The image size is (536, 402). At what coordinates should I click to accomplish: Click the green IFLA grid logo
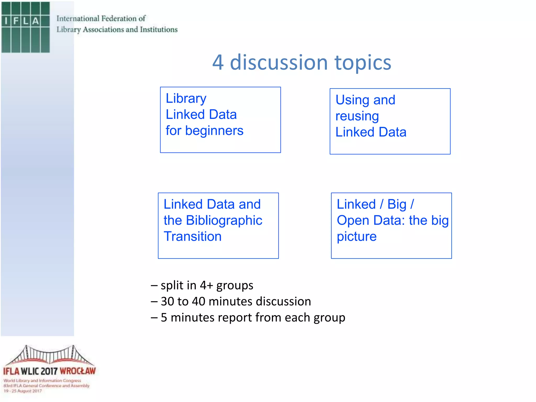pyautogui.click(x=25, y=27)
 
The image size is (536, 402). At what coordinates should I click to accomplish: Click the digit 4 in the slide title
pyautogui.click(x=218, y=63)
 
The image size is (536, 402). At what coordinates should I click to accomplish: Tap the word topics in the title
pyautogui.click(x=363, y=63)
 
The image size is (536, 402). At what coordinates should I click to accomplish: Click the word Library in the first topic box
pyautogui.click(x=186, y=99)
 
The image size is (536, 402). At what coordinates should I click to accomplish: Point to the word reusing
pyautogui.click(x=357, y=116)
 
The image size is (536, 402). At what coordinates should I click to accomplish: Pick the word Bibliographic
pyautogui.click(x=224, y=220)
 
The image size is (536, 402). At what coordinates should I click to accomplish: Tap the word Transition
pyautogui.click(x=193, y=237)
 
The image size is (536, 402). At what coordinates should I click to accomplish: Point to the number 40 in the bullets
pyautogui.click(x=198, y=301)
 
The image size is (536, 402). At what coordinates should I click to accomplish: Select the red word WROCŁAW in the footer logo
pyautogui.click(x=78, y=371)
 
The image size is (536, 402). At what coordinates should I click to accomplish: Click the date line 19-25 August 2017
pyautogui.click(x=23, y=391)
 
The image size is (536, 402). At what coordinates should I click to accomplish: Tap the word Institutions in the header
pyautogui.click(x=159, y=30)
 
